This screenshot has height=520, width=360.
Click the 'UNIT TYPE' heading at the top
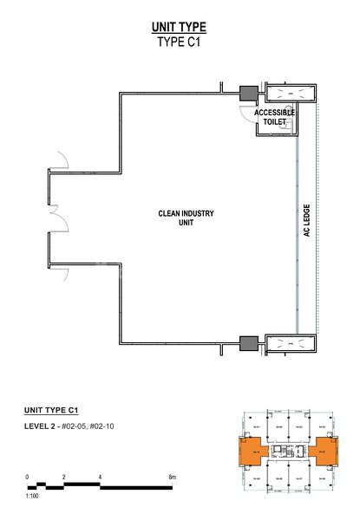click(x=179, y=27)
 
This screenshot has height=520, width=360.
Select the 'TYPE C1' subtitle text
click(x=179, y=42)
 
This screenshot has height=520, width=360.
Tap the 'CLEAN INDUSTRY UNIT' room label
click(x=186, y=217)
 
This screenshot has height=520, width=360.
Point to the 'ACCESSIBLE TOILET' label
click(x=274, y=118)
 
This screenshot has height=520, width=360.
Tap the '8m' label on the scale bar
click(x=173, y=478)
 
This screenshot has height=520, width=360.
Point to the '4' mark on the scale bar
click(x=100, y=478)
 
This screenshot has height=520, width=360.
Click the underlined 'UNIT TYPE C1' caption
click(x=56, y=407)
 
